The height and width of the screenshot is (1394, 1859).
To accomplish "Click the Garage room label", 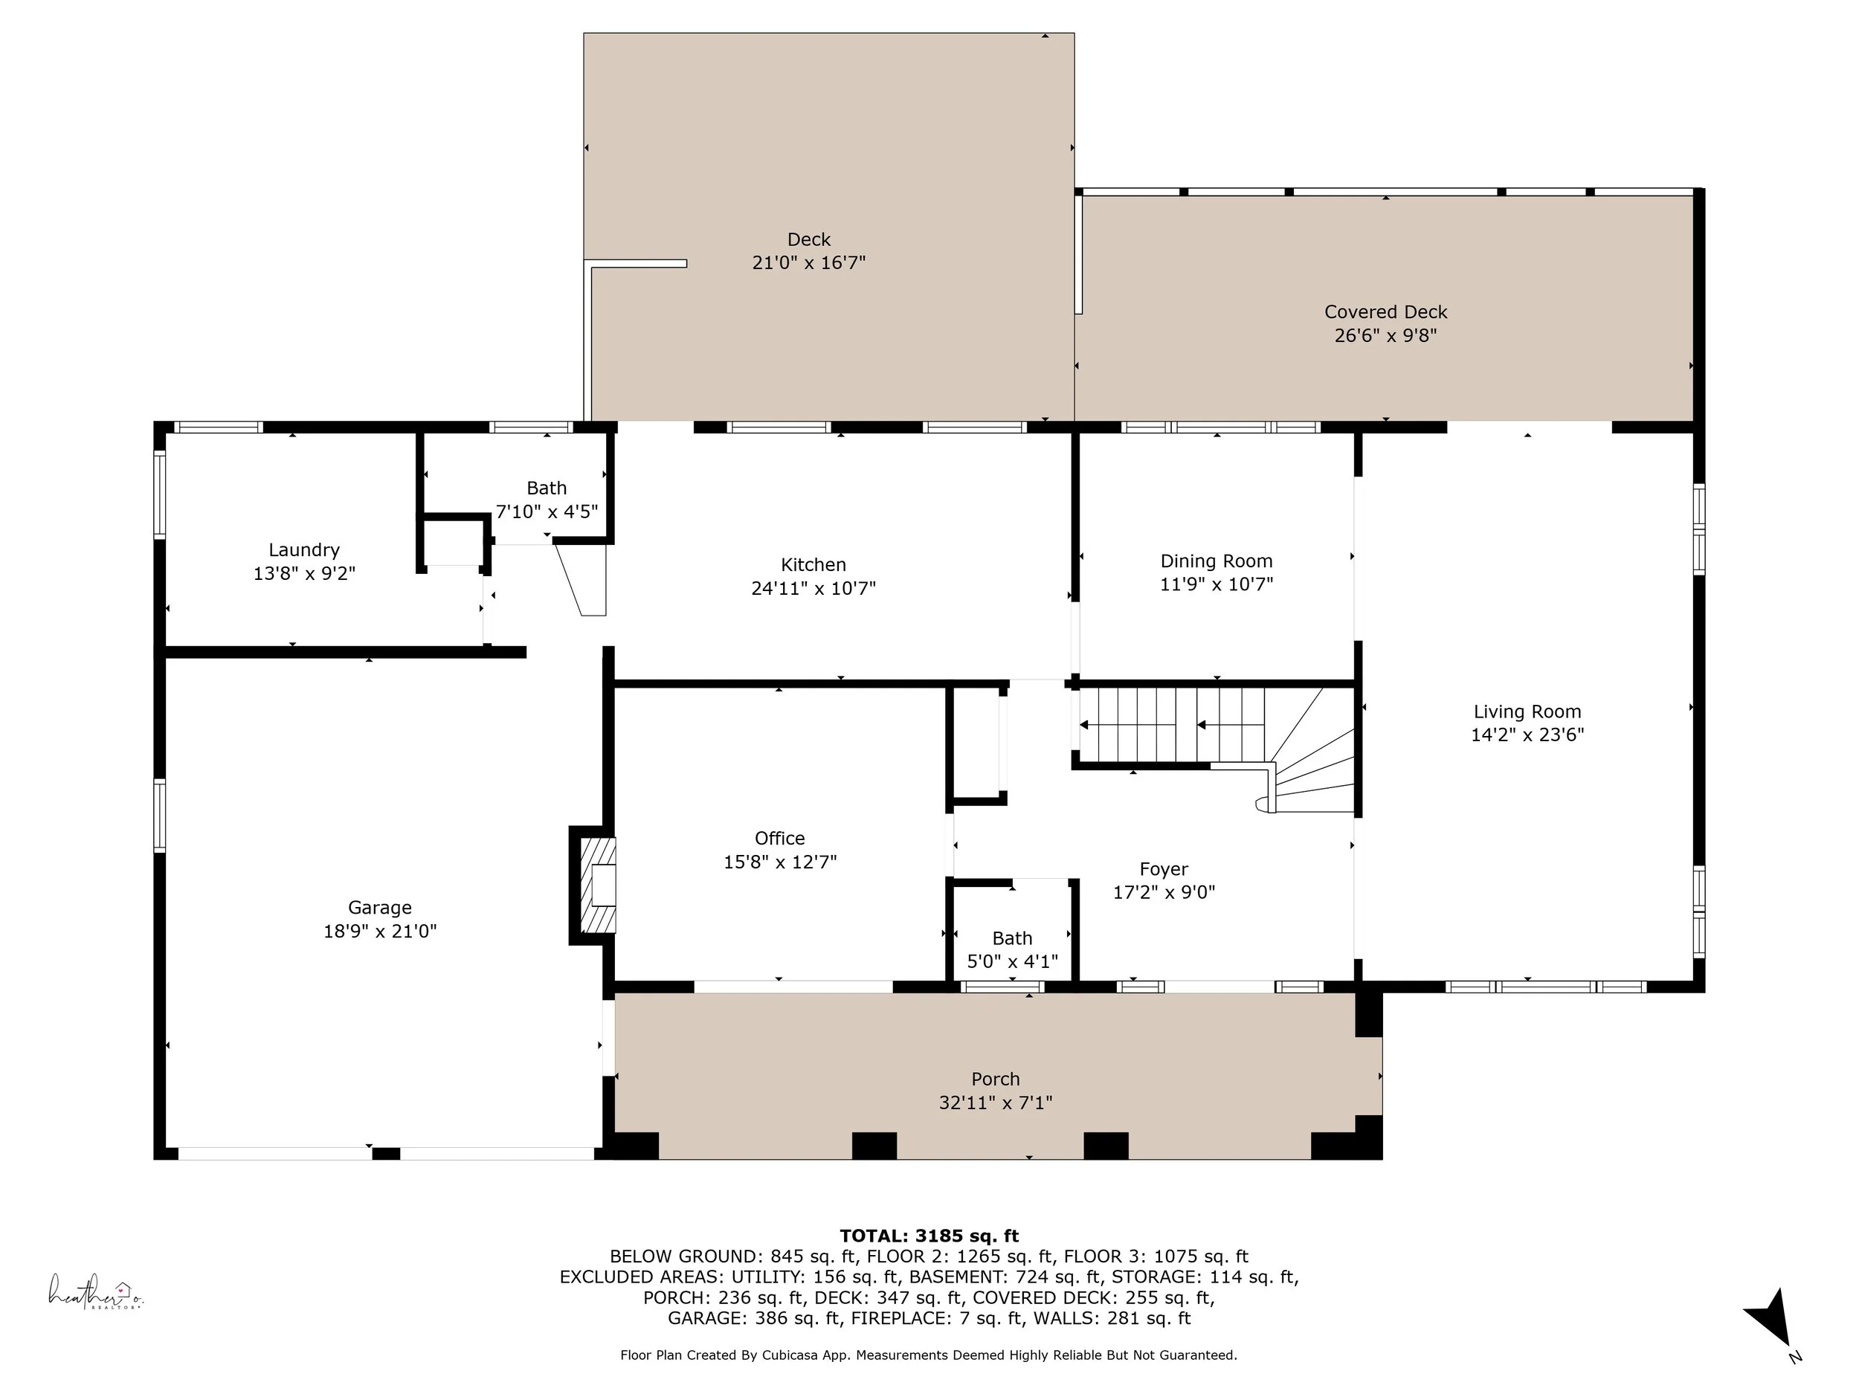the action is click(380, 908).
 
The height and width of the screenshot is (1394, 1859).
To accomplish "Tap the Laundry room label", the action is click(304, 549).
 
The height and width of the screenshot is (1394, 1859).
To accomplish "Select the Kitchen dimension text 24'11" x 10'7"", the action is click(813, 588).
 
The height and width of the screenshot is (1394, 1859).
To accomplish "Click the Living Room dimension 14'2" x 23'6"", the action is click(1527, 735).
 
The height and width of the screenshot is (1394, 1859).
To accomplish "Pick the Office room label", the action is click(780, 838).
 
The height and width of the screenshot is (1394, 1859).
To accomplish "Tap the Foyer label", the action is click(1164, 870).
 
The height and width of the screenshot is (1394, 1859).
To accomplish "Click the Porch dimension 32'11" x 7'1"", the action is click(996, 1103).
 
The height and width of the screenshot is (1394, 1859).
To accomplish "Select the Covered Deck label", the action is click(1386, 312).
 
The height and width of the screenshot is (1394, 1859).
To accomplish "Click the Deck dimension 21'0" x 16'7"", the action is click(808, 262).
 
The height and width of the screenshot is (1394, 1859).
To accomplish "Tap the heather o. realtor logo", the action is click(95, 1291).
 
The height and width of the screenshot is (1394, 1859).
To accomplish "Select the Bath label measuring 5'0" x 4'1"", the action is click(1012, 938).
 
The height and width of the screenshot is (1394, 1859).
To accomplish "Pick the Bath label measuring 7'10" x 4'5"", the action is click(547, 488).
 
